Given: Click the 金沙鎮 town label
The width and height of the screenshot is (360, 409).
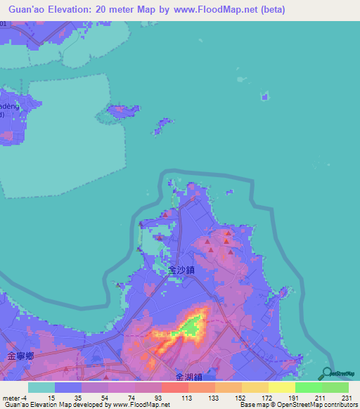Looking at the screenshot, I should (182, 268).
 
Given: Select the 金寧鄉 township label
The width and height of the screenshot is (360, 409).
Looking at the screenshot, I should (21, 356).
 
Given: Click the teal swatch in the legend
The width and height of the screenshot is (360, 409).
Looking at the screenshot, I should (41, 387).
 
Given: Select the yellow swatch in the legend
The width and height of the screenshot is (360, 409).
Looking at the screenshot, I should (282, 387).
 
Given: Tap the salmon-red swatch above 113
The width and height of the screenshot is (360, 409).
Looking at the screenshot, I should (175, 387).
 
